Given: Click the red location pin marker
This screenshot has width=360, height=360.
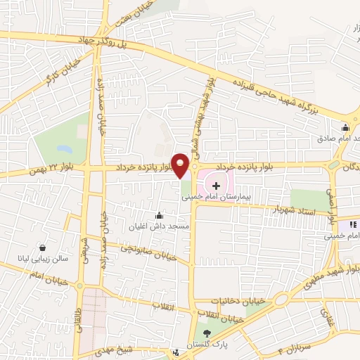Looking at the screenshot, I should (181, 165).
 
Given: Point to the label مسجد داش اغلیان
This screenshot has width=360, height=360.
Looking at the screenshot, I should (160, 226).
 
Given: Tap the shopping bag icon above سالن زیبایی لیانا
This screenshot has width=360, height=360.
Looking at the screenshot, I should (44, 247).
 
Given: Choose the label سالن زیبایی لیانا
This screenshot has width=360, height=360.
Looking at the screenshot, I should (44, 259).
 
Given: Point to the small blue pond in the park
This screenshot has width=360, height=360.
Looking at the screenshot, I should (65, 149).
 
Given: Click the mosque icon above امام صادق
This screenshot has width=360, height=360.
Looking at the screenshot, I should (345, 128).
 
